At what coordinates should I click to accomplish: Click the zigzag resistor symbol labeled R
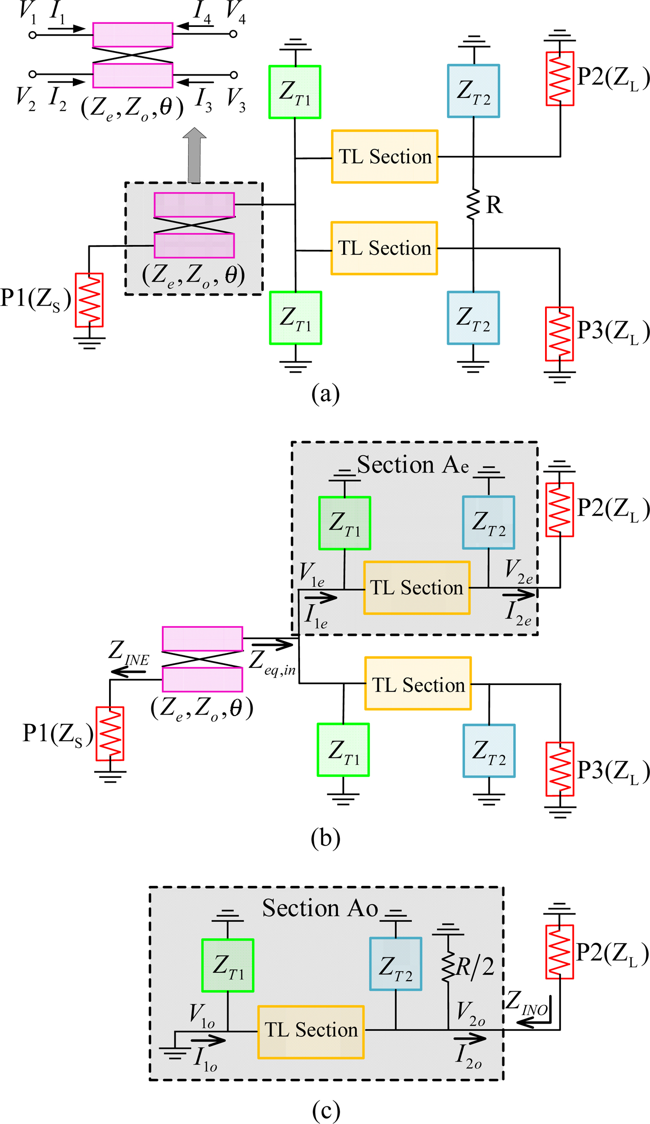click(473, 204)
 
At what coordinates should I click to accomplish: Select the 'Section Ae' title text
click(412, 465)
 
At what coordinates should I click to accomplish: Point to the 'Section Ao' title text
click(320, 908)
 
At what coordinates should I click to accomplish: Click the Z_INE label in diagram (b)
click(128, 652)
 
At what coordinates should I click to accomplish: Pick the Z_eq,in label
click(272, 663)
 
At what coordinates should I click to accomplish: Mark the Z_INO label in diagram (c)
click(526, 1004)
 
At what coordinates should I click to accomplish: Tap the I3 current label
click(204, 99)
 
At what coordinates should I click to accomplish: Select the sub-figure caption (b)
click(325, 838)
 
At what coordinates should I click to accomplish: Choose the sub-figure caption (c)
click(326, 1111)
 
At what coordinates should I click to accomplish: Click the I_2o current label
click(468, 1057)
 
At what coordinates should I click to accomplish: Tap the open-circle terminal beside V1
click(32, 35)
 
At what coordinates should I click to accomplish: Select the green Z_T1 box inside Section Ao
click(228, 965)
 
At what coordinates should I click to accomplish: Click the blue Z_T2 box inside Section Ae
click(488, 523)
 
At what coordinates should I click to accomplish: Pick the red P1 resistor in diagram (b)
click(110, 734)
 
